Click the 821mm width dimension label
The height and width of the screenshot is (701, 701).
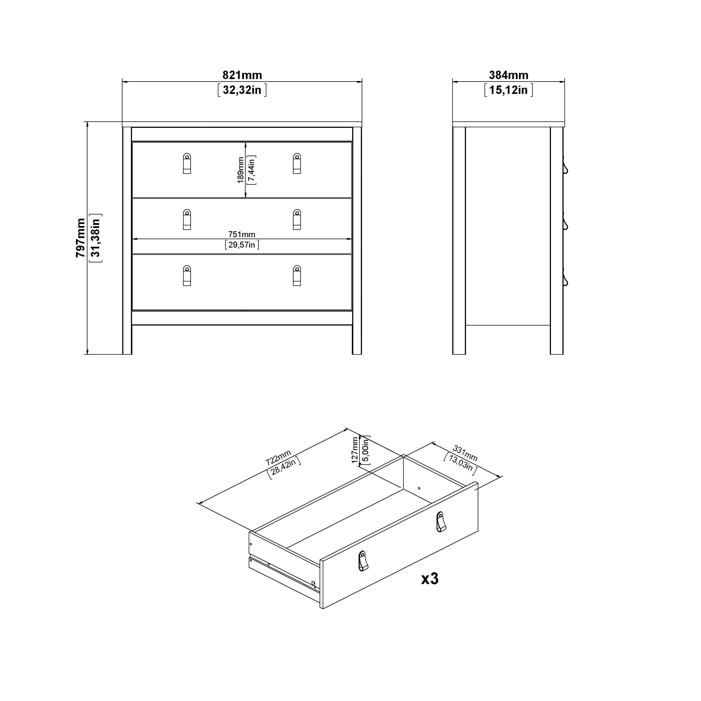(x=242, y=75)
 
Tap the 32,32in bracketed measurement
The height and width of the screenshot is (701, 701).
(x=242, y=90)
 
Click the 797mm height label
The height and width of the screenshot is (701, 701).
(x=81, y=238)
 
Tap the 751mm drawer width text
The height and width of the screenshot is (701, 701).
(x=242, y=234)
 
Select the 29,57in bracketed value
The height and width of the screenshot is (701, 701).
(x=242, y=245)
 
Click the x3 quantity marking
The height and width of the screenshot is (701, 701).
(x=430, y=579)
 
